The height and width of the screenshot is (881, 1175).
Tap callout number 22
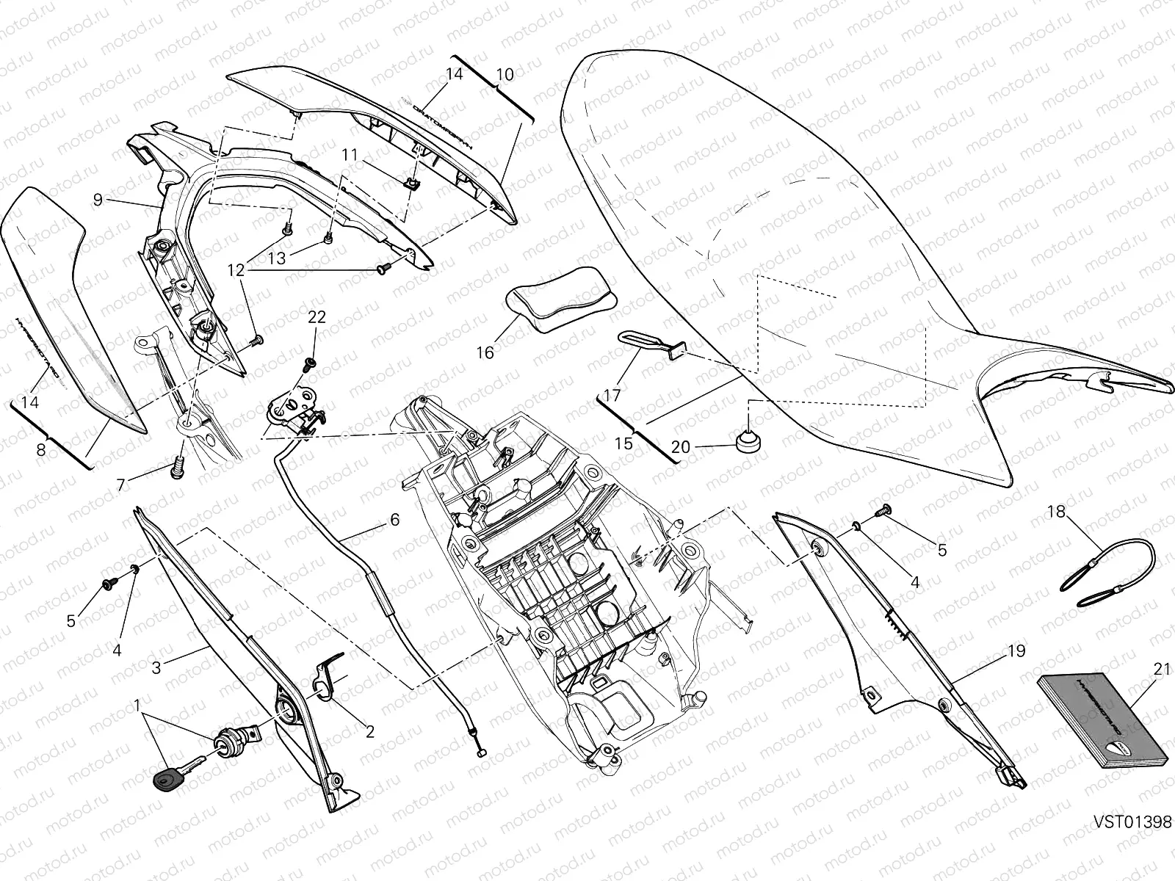(x=317, y=317)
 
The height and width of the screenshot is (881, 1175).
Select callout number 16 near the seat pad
(x=485, y=352)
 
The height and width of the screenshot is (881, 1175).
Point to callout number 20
(x=681, y=446)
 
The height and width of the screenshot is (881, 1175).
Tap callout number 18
(x=1055, y=512)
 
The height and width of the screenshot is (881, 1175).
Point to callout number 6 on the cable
(x=394, y=520)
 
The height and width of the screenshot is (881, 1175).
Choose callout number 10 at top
(x=505, y=74)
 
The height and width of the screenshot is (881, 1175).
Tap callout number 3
(x=156, y=667)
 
